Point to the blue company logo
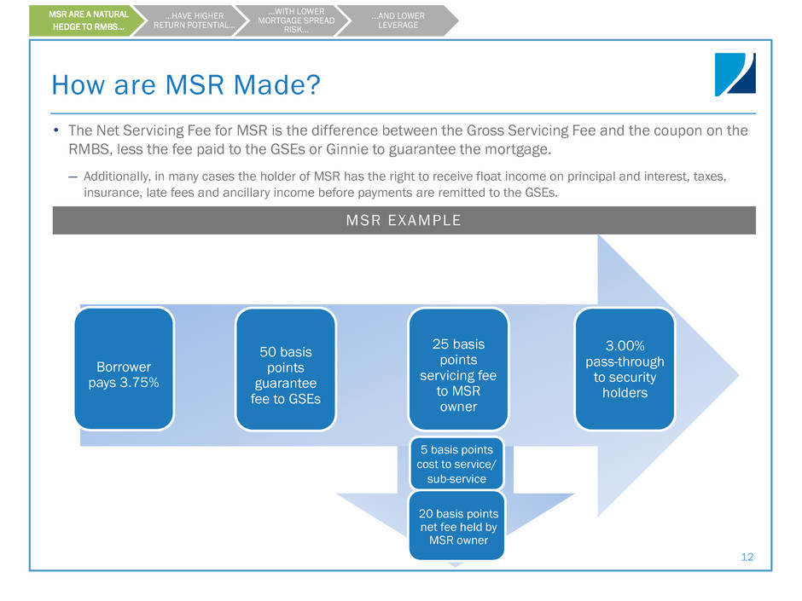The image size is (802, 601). click(x=735, y=74)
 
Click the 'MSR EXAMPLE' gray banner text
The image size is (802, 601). click(x=404, y=221)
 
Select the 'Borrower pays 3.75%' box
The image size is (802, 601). click(x=124, y=367)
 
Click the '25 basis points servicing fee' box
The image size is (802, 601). click(x=457, y=368)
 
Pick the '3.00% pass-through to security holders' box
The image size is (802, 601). click(x=624, y=368)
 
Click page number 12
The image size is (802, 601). click(x=747, y=557)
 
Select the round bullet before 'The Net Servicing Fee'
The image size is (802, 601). click(x=55, y=131)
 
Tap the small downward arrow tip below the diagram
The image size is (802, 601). click(x=455, y=564)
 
